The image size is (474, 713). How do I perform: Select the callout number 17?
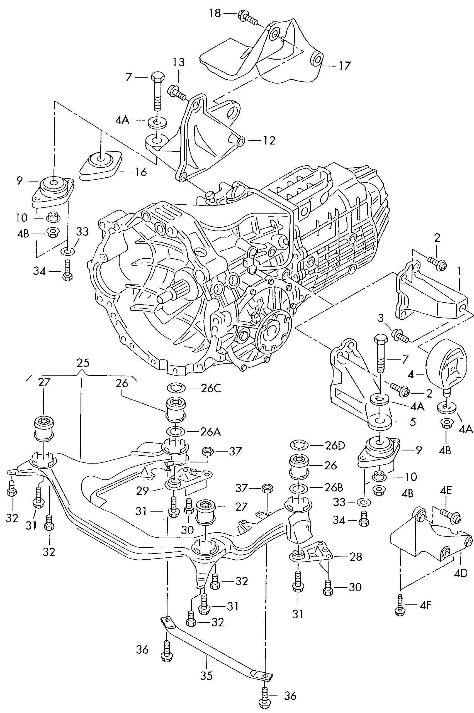pos(344,65)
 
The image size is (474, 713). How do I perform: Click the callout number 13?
pos(178,62)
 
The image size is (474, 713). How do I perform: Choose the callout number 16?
pos(140,172)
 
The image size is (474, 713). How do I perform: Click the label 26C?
pos(211,388)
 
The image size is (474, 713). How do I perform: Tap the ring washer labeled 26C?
pos(176,388)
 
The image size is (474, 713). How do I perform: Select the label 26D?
pos(335,446)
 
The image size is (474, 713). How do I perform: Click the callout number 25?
pos(83,362)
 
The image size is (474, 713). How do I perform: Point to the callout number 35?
pos(206,675)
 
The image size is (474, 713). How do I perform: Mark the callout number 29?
pos(142,491)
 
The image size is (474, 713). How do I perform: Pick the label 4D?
pos(461,573)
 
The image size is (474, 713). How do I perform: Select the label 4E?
pos(446,491)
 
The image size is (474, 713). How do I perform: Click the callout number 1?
pos(460,271)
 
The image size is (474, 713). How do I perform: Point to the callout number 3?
pos(381,318)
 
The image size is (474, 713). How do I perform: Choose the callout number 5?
pos(413,422)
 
